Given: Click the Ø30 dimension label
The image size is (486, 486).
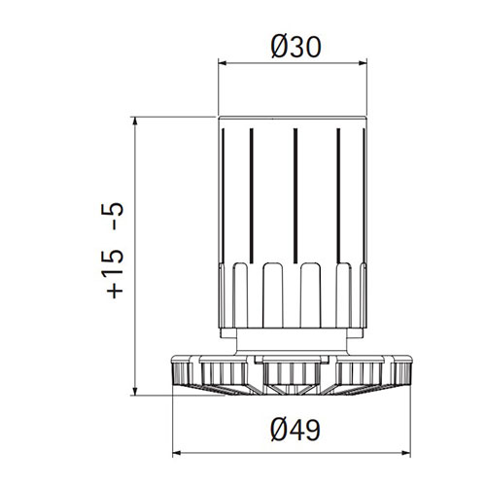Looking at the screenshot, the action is coord(295,47).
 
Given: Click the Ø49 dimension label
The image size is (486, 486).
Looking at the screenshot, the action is coord(295,430).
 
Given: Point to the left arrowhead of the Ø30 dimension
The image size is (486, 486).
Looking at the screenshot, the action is coord(223,63).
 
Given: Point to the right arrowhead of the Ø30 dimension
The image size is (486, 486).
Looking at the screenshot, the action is coord(363,63).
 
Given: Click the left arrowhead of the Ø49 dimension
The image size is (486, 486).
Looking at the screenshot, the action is coord(177,453).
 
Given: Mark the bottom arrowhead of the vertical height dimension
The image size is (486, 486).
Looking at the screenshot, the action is coord(135,391).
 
